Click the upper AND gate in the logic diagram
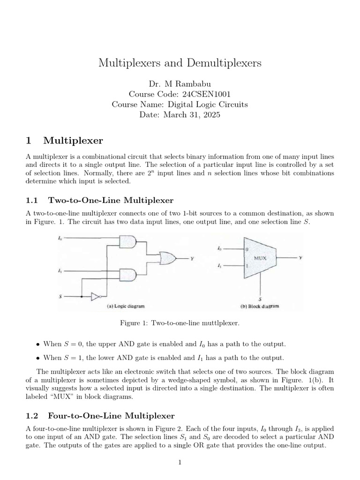pos(128,241)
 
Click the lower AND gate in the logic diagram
pos(128,274)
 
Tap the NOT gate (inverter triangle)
pos(96,297)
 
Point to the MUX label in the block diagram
pos(260,258)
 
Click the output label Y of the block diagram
pos(300,257)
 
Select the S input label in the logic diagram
pos(59,296)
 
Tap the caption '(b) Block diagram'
pos(260,306)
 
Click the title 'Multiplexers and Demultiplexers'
pos(180,63)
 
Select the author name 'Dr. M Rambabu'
pos(180,84)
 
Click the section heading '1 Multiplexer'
pos(65,140)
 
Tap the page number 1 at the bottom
pos(180,462)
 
